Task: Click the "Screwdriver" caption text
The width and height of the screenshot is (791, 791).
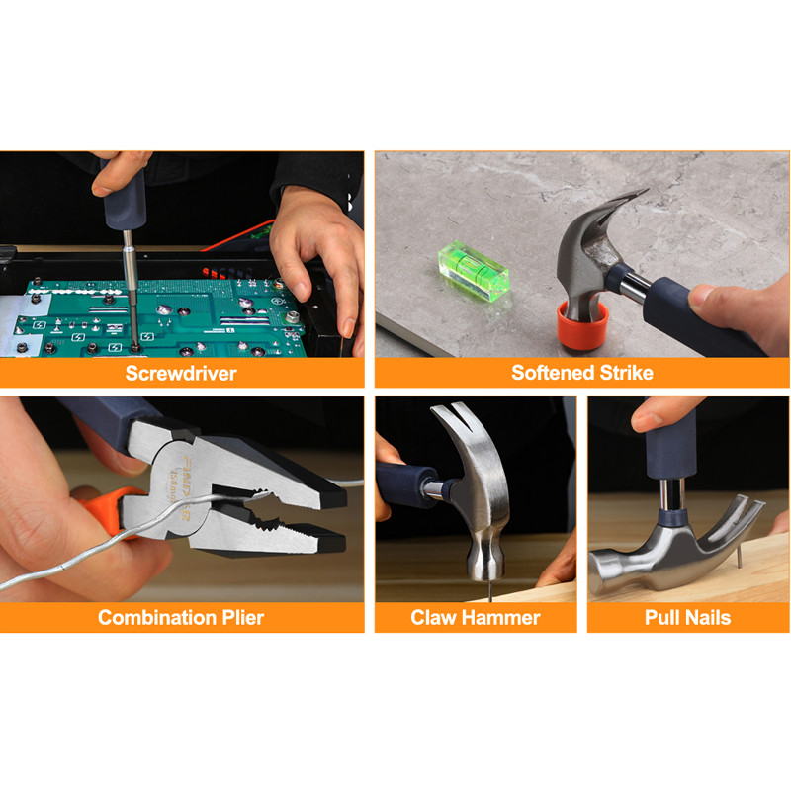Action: click(181, 374)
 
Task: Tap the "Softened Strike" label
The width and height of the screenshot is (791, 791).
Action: click(582, 373)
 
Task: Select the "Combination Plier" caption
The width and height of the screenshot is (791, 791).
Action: click(181, 617)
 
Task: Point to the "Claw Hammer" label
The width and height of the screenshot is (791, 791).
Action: click(476, 617)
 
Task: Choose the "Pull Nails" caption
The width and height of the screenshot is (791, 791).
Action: click(687, 617)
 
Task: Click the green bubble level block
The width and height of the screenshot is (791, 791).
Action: click(474, 271)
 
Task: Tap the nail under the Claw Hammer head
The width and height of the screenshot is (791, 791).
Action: click(489, 590)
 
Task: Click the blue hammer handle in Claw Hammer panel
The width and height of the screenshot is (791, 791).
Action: click(407, 485)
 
